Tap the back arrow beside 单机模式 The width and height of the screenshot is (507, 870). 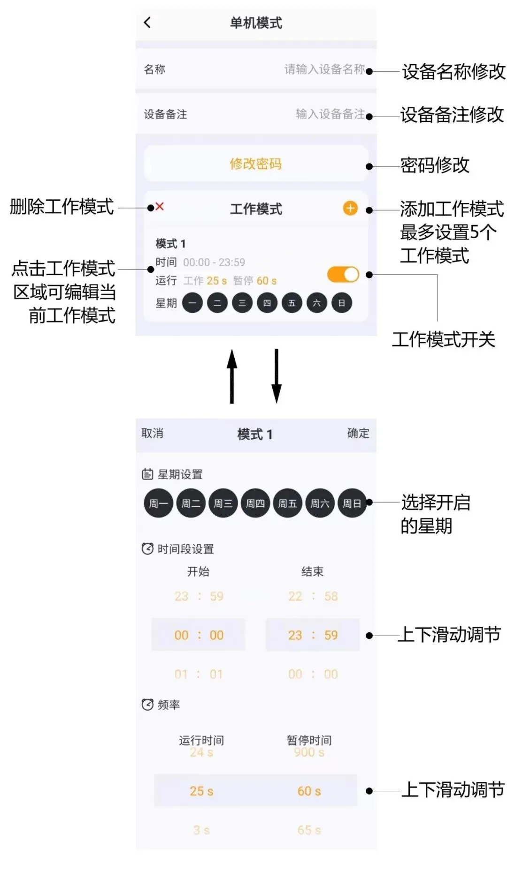[x=147, y=22]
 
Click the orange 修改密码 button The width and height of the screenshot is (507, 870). [x=256, y=164]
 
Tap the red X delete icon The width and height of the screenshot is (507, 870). [x=160, y=206]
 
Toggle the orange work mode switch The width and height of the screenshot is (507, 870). [x=343, y=275]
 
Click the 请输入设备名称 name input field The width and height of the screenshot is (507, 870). [x=324, y=69]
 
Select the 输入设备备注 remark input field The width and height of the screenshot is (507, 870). [x=330, y=114]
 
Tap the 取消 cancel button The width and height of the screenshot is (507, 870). [x=153, y=433]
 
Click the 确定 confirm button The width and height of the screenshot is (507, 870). [x=358, y=433]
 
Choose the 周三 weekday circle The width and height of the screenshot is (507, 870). [x=223, y=503]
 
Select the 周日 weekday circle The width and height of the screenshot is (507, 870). [x=352, y=503]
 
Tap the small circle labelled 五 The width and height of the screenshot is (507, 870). [x=292, y=303]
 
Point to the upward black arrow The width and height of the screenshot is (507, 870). [x=232, y=376]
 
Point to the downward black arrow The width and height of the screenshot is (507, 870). [x=277, y=376]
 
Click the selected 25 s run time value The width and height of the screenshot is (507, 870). [x=201, y=791]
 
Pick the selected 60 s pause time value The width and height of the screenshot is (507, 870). [x=309, y=791]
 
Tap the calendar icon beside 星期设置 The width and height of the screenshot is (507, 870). [x=147, y=474]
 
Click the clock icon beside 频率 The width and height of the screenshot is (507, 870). [x=147, y=705]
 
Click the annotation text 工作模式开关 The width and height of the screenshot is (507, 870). [x=443, y=340]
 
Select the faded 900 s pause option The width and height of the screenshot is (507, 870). [x=309, y=753]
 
